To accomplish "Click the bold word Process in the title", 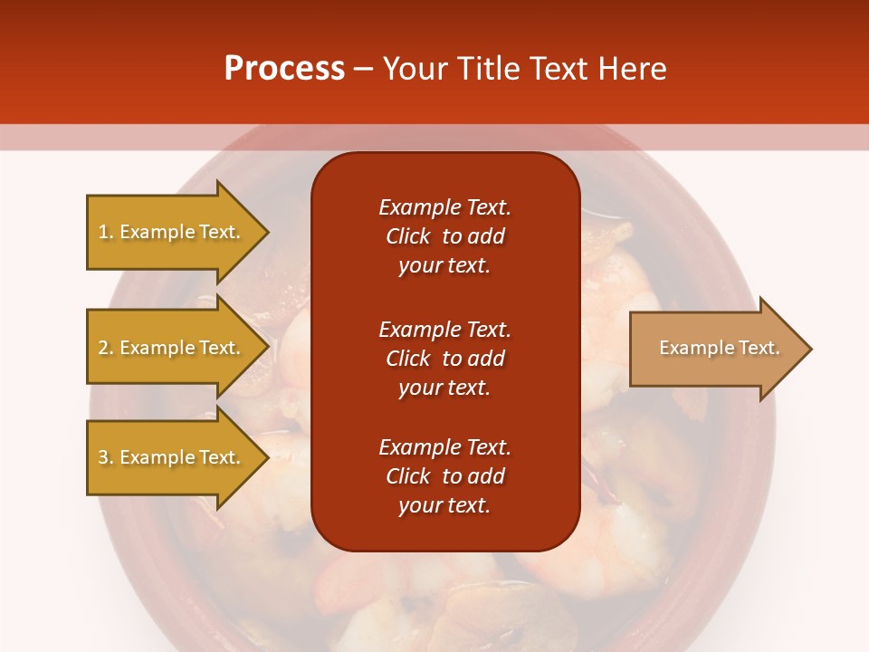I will (x=284, y=69).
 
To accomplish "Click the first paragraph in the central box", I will (x=444, y=236).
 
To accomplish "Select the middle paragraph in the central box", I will (x=444, y=359).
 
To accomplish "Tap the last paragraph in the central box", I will (x=444, y=476).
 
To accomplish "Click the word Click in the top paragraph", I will (x=408, y=236).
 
